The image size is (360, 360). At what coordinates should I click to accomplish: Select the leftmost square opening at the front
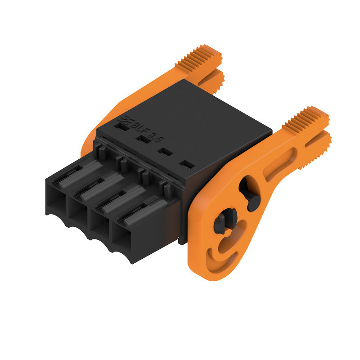tap(56, 202)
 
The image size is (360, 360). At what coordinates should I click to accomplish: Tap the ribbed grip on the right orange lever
tap(308, 119)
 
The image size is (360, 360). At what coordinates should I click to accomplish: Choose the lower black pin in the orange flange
tap(221, 222)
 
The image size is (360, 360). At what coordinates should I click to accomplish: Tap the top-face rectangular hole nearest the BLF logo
tap(120, 127)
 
